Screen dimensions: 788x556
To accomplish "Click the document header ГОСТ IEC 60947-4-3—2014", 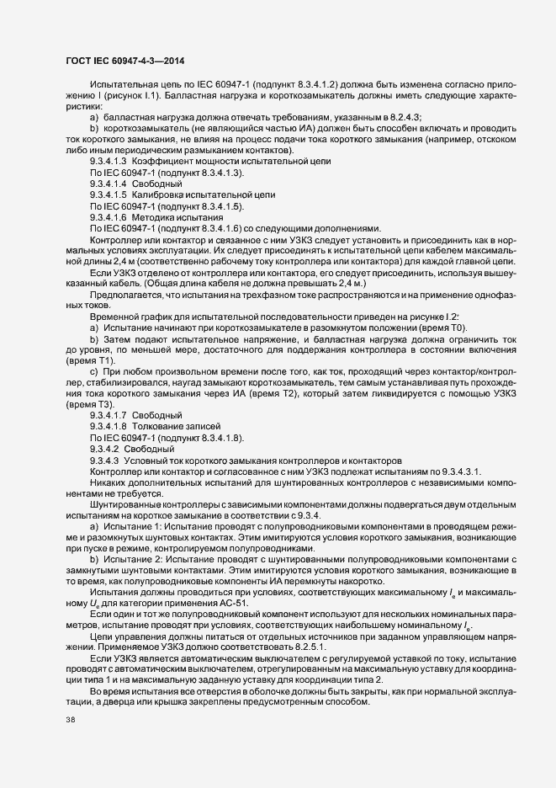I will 124,61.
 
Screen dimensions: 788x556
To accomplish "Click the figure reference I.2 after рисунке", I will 496,315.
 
